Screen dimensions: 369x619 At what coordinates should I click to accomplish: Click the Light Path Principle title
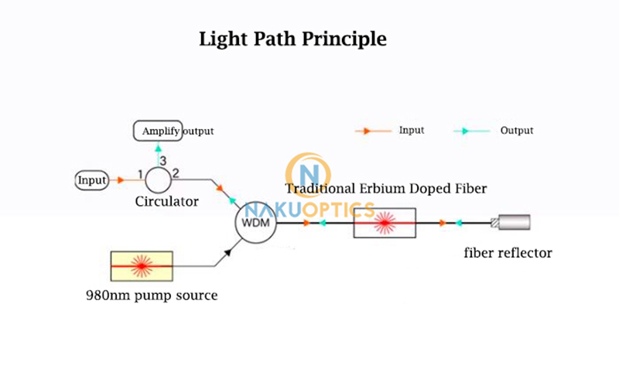292,39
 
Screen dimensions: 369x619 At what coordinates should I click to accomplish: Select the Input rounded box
92,180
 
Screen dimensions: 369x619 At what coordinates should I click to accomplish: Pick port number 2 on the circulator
176,173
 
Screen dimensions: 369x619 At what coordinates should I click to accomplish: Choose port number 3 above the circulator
162,160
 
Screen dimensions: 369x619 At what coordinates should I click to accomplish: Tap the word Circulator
167,201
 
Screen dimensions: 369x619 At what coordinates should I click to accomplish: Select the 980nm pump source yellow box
142,265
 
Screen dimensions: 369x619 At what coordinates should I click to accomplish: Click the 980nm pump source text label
152,295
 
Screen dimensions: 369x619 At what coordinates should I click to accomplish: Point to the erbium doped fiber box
385,224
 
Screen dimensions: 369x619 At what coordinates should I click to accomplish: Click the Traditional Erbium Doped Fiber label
385,188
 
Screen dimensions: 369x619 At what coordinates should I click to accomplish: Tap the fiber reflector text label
508,252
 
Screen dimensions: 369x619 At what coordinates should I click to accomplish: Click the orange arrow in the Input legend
361,131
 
